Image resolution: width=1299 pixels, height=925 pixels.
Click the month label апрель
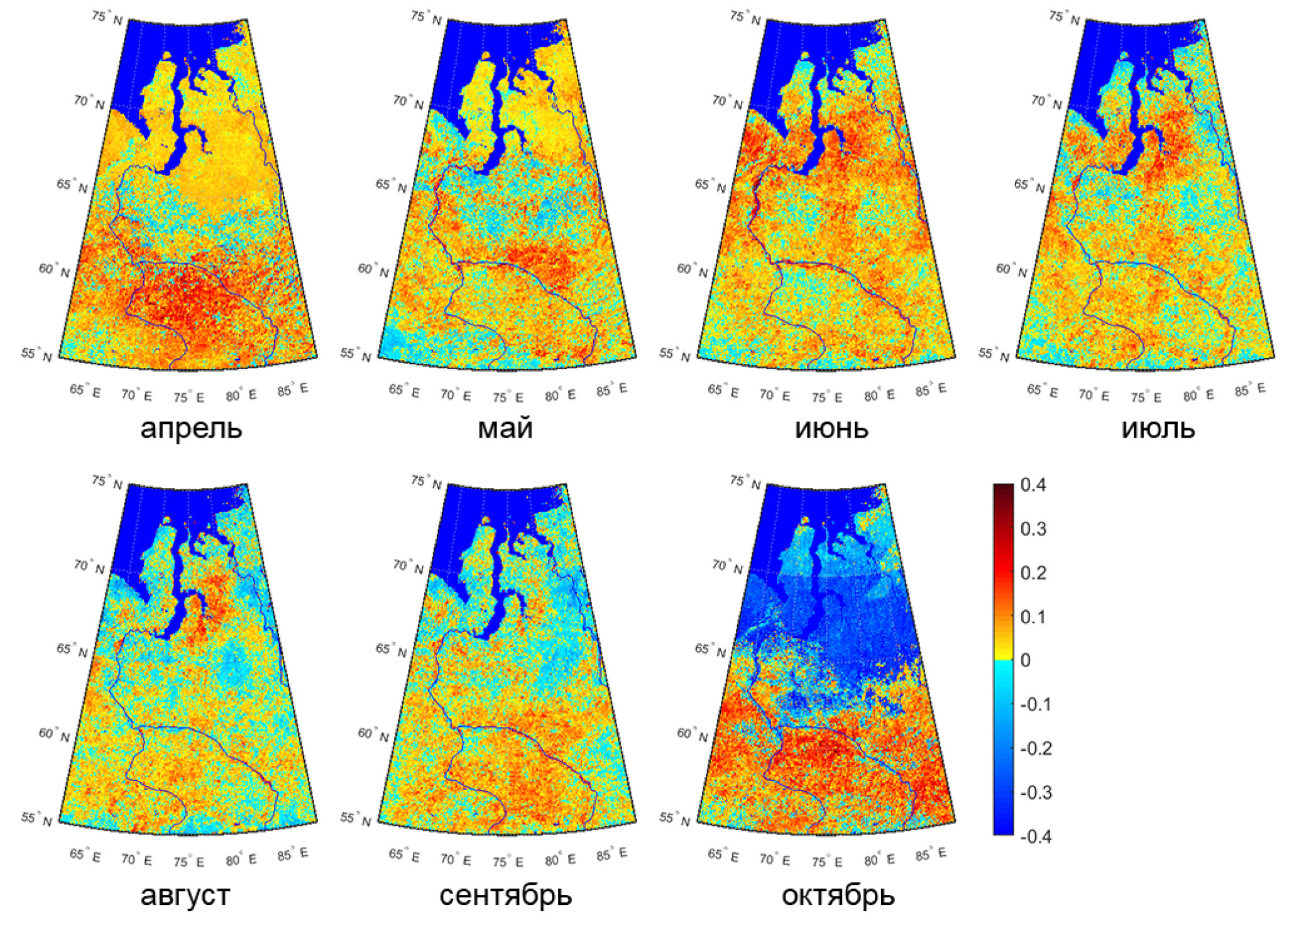click(x=191, y=428)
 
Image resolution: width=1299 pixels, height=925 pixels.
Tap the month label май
click(x=505, y=428)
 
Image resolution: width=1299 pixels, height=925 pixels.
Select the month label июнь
click(x=831, y=428)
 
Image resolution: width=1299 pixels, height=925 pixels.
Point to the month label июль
click(x=1158, y=428)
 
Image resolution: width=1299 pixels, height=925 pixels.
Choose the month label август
click(x=185, y=895)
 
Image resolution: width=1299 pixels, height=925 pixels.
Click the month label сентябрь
click(x=505, y=895)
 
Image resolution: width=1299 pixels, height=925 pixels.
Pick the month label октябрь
click(x=838, y=895)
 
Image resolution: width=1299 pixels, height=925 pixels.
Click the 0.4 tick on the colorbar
click(x=1033, y=485)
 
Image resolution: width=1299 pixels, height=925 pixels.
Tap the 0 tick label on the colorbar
click(x=1026, y=660)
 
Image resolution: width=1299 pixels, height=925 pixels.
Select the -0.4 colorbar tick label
click(x=1036, y=836)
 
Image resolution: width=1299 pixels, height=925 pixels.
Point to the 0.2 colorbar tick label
click(x=1033, y=573)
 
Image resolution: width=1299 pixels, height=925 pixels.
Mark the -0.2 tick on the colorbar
click(x=1036, y=748)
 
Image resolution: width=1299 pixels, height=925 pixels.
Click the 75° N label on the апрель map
click(x=107, y=18)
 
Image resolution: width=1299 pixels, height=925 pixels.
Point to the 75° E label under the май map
click(x=507, y=397)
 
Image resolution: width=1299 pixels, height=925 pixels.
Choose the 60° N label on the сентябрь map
click(x=373, y=734)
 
